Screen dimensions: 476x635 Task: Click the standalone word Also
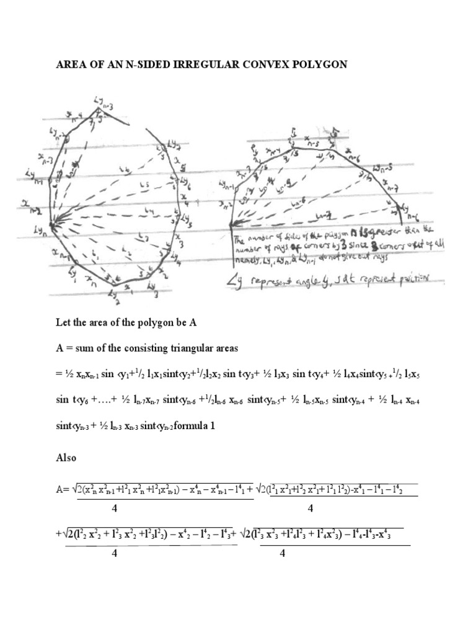(x=66, y=458)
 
